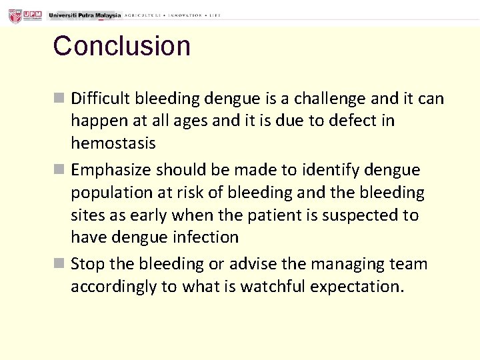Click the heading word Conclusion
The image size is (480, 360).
click(x=122, y=46)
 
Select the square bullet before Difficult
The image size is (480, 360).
click(x=59, y=99)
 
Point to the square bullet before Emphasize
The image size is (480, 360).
click(x=59, y=170)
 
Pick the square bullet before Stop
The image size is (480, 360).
click(x=59, y=264)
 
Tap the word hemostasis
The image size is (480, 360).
click(x=113, y=143)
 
